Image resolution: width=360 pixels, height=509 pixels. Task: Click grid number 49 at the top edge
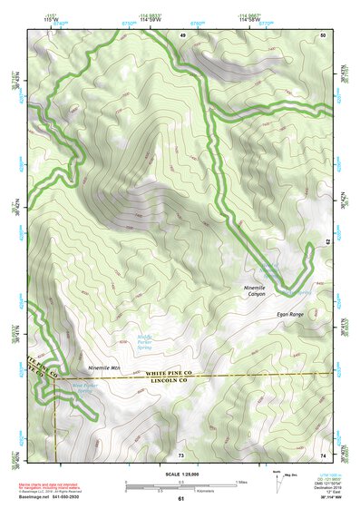tap(182, 34)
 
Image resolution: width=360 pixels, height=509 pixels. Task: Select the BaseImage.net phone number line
tap(61, 497)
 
